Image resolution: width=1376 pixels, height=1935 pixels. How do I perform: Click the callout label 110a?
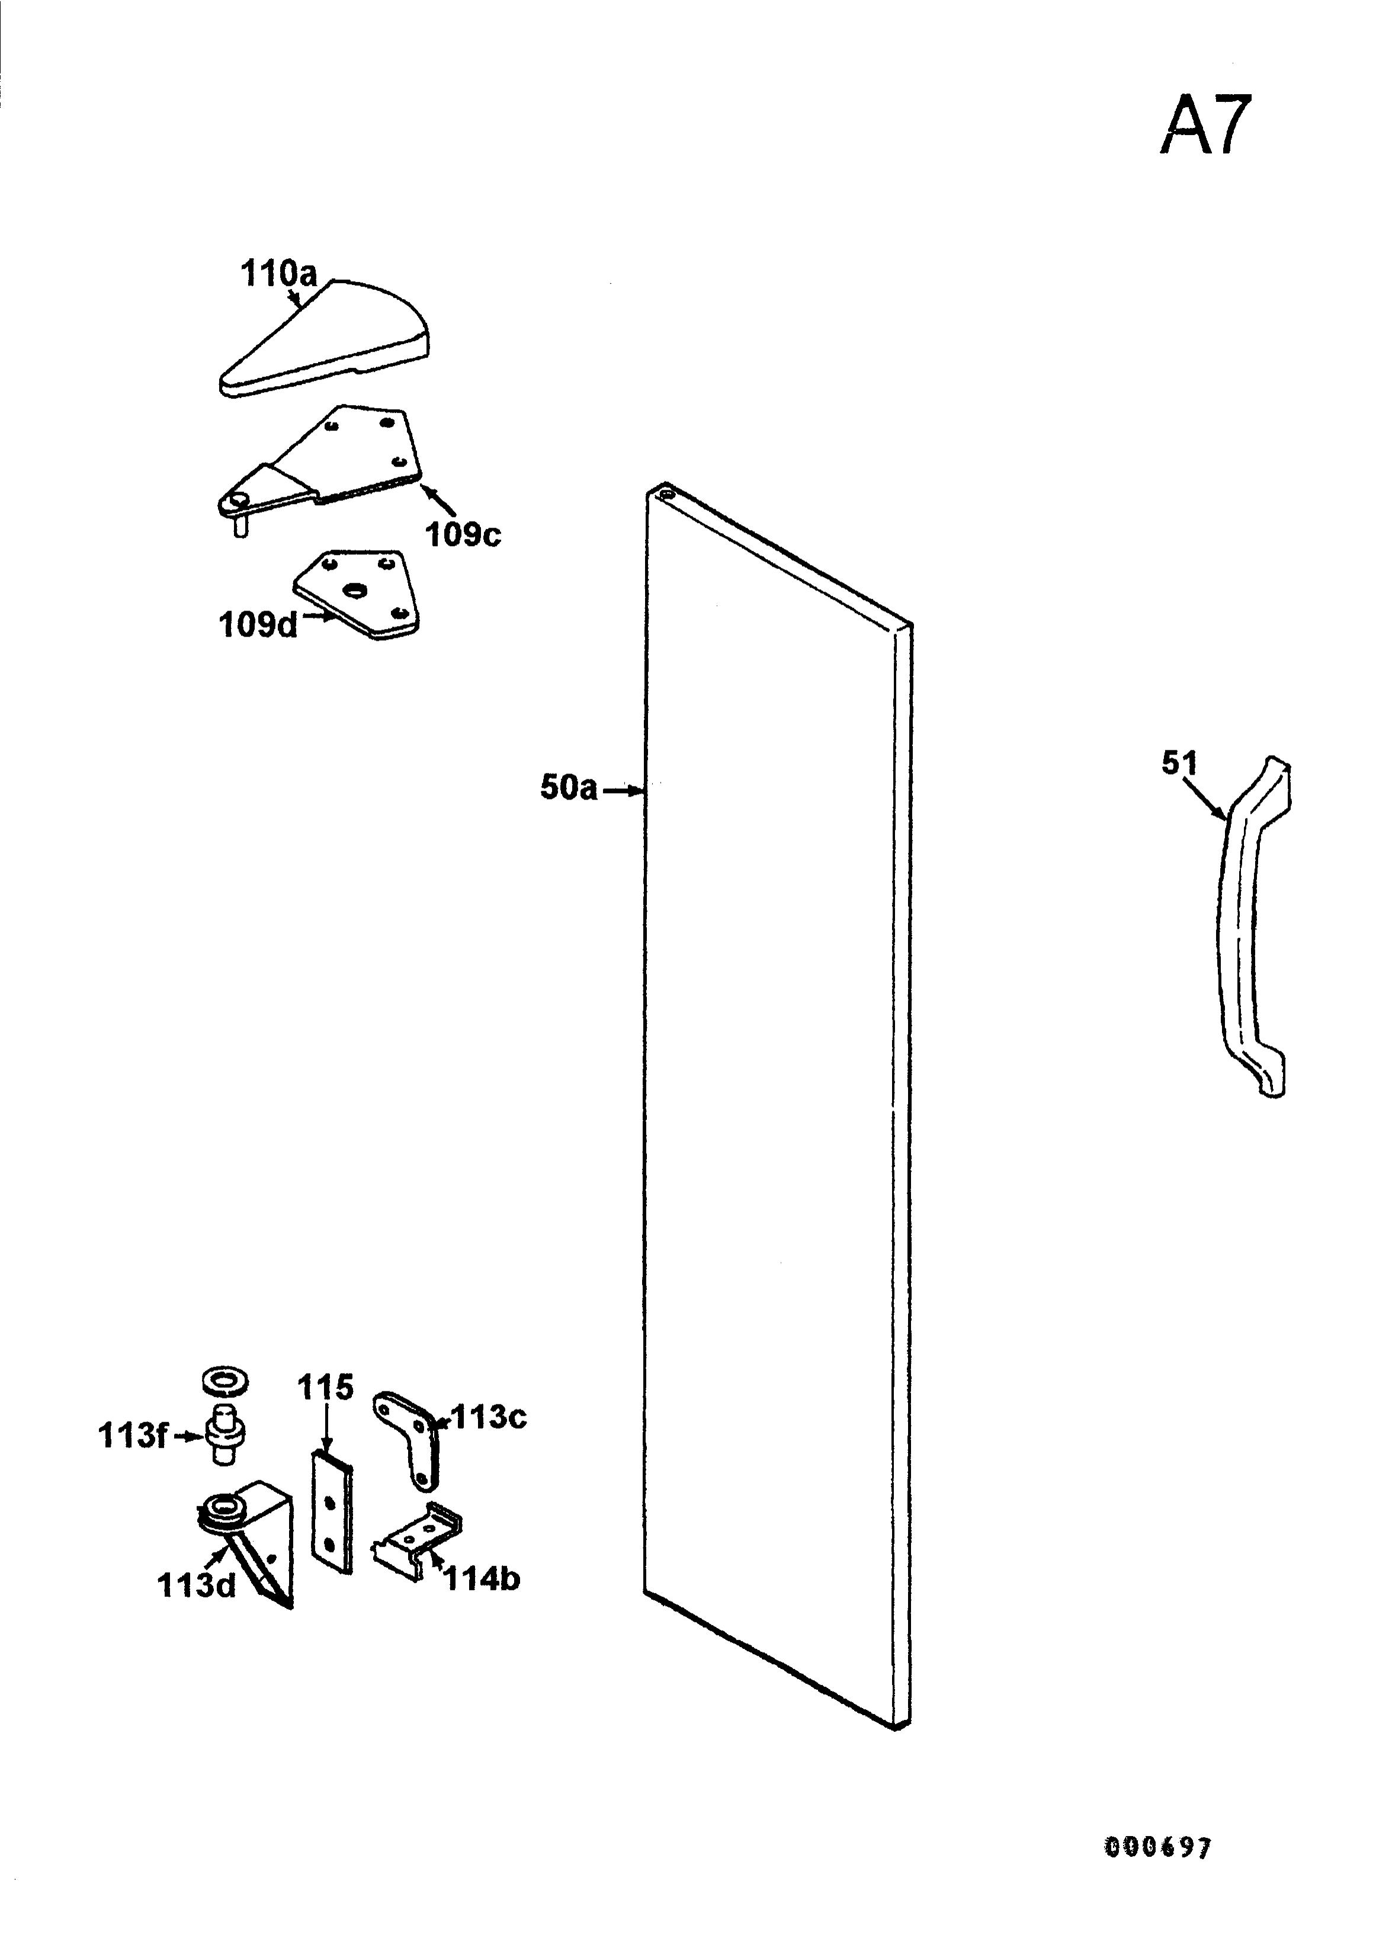(279, 274)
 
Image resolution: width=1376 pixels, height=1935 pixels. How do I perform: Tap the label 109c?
(463, 535)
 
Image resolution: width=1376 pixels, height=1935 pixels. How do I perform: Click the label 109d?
(258, 624)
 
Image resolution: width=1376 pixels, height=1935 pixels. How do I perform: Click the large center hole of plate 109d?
(352, 590)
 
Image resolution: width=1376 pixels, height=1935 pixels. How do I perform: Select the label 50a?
(569, 787)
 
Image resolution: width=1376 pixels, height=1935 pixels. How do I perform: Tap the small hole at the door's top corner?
(665, 490)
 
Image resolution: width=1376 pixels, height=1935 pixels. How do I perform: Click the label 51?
(1179, 763)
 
